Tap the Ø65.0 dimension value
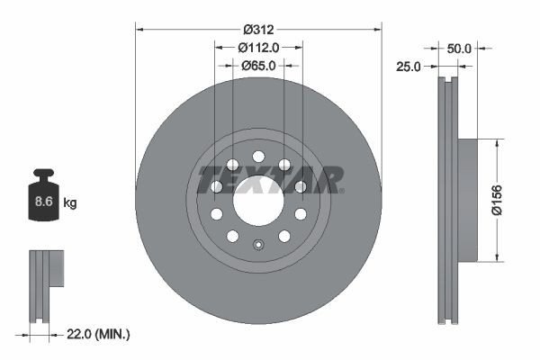[x=258, y=65]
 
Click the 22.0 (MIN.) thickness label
[x=99, y=335]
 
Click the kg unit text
[x=70, y=203]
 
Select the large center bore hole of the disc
[x=258, y=200]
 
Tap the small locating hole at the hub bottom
[x=258, y=245]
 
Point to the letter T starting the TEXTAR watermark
[x=207, y=179]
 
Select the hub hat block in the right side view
[x=467, y=200]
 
